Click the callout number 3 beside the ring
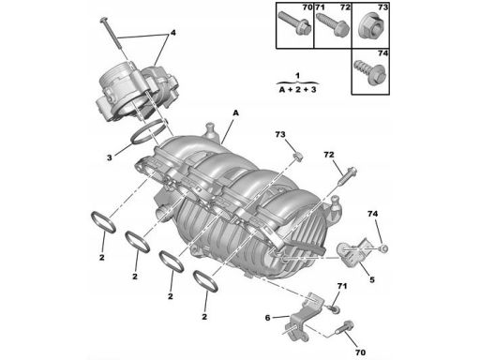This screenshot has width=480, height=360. pyautogui.click(x=109, y=157)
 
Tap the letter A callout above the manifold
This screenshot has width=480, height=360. pyautogui.click(x=235, y=112)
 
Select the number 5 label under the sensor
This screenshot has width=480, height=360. pyautogui.click(x=372, y=279)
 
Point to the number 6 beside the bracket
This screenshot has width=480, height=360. pyautogui.click(x=267, y=318)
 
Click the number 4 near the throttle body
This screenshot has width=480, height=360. pyautogui.click(x=172, y=33)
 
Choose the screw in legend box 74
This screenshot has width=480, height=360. pyautogui.click(x=371, y=73)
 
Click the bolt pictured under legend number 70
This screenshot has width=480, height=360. pyautogui.click(x=294, y=23)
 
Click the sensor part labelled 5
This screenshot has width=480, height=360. pyautogui.click(x=353, y=251)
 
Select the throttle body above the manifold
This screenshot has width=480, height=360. pyautogui.click(x=136, y=91)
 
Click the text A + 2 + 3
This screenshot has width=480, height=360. pyautogui.click(x=297, y=90)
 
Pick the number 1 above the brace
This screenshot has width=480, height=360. pyautogui.click(x=298, y=76)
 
